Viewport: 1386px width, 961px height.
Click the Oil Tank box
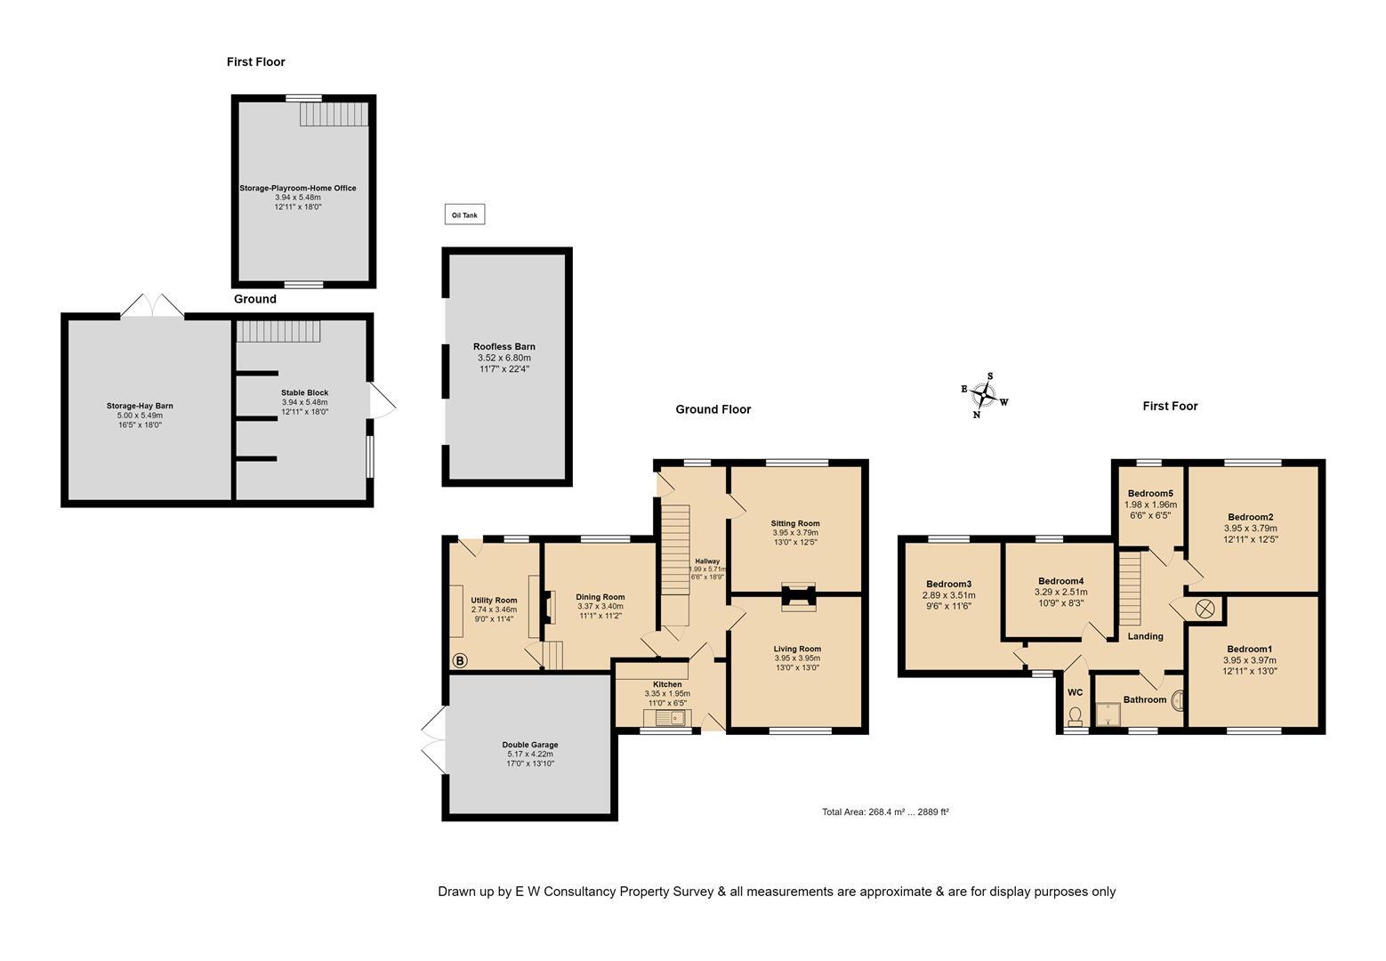(464, 214)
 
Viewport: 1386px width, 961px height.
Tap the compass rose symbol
(983, 394)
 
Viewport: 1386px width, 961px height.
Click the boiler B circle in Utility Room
(460, 660)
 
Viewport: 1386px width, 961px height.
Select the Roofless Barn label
(504, 347)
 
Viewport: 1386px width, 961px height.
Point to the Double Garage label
(529, 745)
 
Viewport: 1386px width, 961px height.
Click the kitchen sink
(665, 717)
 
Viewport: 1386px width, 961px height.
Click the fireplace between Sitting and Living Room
(797, 597)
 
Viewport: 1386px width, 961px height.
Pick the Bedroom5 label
(1150, 494)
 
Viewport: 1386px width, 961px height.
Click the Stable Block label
(304, 392)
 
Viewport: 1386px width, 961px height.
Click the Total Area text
(885, 812)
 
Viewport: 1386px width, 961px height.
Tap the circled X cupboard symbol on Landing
(1205, 609)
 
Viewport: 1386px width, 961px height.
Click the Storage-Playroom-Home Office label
(297, 188)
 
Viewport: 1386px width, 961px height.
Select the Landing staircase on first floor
(1130, 589)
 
